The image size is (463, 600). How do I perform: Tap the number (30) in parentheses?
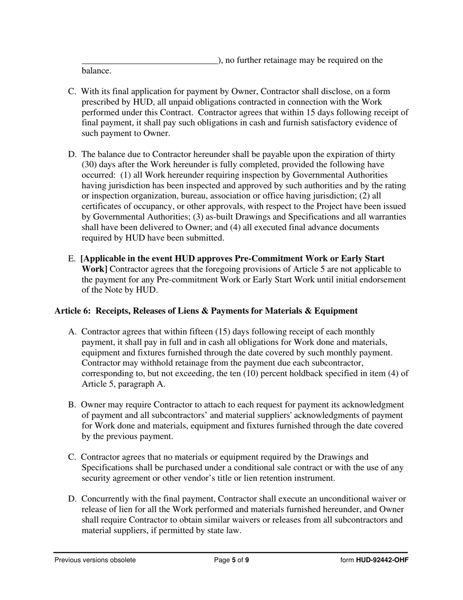(90, 165)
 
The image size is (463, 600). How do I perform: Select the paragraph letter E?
(72, 259)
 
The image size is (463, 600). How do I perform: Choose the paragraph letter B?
(72, 405)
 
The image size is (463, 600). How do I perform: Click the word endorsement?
(382, 280)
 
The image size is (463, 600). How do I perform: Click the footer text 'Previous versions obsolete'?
(95, 560)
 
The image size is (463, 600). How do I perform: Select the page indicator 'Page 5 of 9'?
(231, 560)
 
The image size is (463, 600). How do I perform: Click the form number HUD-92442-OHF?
(382, 560)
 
